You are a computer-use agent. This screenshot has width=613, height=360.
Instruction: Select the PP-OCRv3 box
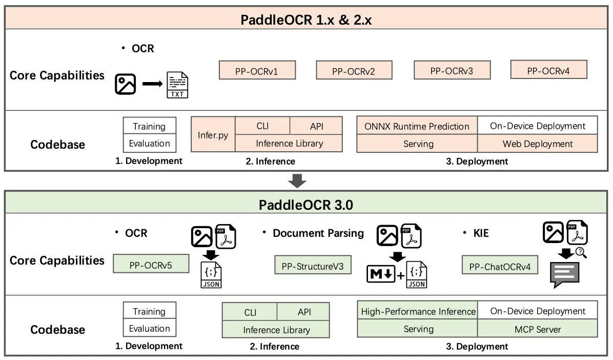pos(452,71)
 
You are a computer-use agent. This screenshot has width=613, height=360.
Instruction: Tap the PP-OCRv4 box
pos(548,70)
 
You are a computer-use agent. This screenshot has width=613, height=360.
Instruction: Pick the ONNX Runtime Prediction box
pos(417,126)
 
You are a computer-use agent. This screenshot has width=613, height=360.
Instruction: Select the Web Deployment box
pos(538,144)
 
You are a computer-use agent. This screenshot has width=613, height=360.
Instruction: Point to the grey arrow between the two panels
pos(297,181)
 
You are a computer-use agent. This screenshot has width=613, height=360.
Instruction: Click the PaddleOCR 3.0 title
pos(306,206)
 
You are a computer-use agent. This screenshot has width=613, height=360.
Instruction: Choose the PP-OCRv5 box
pos(151,265)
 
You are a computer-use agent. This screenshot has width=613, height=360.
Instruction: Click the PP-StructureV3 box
pos(313,266)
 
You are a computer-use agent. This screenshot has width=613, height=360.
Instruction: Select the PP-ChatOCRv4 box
pos(500,266)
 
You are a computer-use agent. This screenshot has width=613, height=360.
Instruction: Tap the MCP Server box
pos(538,329)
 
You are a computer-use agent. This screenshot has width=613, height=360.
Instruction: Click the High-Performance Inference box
pos(418,311)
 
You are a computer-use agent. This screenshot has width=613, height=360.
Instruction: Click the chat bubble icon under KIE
pos(564,274)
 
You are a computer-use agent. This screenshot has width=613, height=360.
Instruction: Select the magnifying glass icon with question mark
pos(581,252)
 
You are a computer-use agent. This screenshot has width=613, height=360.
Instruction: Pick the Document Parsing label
pos(318,233)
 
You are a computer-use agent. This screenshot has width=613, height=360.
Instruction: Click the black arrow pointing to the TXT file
pos(152,84)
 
